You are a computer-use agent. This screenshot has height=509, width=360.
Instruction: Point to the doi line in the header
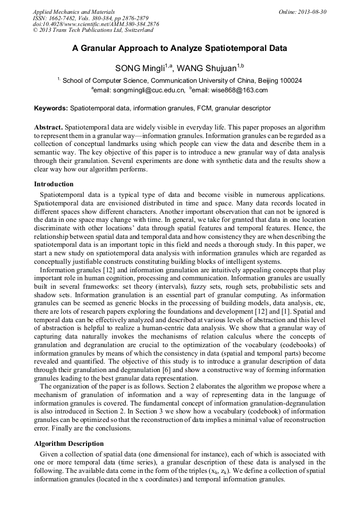(x=96, y=24)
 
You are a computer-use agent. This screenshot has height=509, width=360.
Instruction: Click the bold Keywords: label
(x=51, y=108)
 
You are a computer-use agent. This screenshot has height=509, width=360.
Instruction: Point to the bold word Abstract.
(x=48, y=128)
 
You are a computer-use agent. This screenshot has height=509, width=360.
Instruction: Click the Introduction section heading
(x=54, y=184)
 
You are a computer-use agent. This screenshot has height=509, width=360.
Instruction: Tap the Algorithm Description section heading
(x=68, y=443)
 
